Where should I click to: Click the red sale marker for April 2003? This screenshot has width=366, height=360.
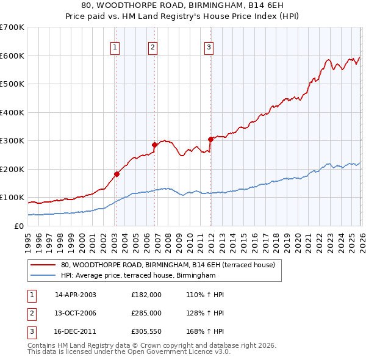pos(117,174)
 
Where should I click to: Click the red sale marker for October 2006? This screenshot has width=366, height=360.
pos(154,145)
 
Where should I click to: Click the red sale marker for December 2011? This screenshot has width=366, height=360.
pos(210,139)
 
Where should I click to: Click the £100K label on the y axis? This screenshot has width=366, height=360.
pos(12,198)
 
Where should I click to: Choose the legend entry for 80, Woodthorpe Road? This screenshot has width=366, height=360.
pos(168,265)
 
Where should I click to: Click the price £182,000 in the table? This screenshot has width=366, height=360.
pos(146,294)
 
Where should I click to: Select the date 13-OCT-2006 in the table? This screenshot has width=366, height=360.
pos(76,313)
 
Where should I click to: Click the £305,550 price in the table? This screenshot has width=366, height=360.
pos(146,332)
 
